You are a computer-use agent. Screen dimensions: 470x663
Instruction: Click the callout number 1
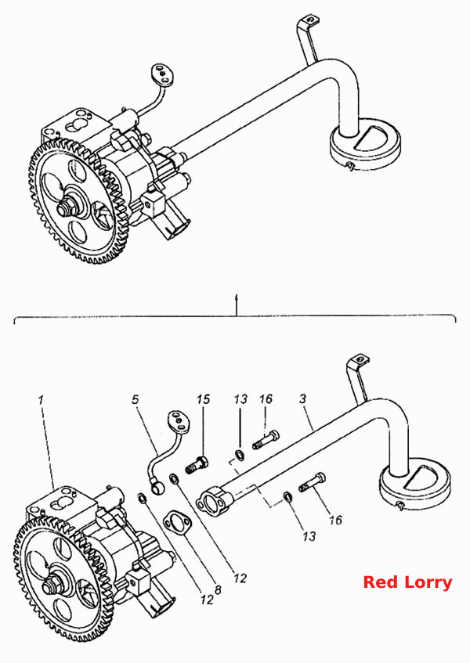tap(41, 399)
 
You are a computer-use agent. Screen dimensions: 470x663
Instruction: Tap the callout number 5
tap(135, 399)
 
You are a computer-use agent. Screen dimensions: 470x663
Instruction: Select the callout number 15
tap(204, 399)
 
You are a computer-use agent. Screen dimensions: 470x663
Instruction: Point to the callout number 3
tap(302, 398)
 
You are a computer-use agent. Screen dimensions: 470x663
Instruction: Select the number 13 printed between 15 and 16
tap(240, 399)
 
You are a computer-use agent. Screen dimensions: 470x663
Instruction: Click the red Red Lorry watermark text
tap(407, 582)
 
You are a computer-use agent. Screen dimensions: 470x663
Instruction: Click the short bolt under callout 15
tap(197, 464)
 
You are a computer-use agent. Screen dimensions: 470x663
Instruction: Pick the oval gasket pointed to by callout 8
tap(177, 523)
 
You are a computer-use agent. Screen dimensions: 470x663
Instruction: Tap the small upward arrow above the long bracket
tap(237, 304)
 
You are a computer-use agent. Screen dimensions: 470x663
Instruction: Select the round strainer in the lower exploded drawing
tap(414, 485)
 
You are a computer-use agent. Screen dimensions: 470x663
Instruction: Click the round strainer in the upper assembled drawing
tap(365, 146)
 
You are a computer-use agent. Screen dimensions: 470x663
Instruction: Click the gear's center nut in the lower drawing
tap(51, 586)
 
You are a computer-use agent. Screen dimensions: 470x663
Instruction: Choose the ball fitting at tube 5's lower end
tap(157, 488)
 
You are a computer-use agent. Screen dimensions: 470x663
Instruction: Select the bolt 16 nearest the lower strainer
tap(313, 482)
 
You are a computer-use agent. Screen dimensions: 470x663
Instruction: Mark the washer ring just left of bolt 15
tap(174, 478)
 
